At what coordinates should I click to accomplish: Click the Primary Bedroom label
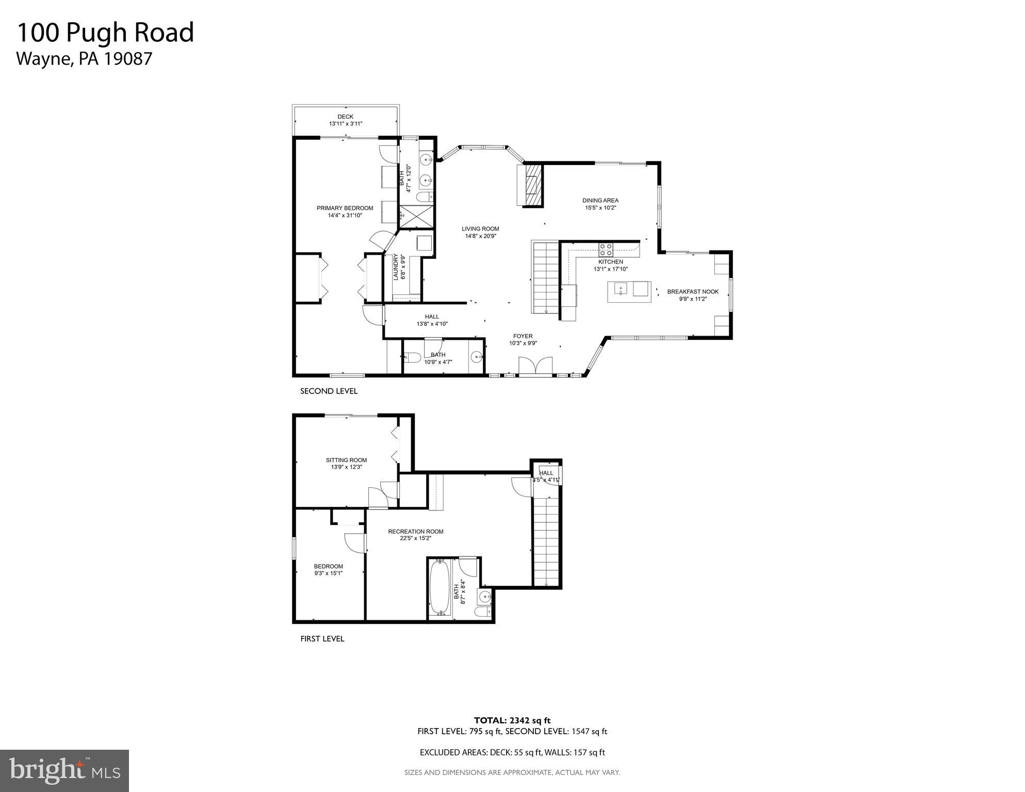[x=345, y=208]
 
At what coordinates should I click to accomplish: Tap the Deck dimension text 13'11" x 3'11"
[x=345, y=124]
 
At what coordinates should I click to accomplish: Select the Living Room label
[x=480, y=229]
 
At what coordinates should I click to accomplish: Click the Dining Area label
[x=600, y=201]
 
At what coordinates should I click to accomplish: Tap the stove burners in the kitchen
[x=606, y=250]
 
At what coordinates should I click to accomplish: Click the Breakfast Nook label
[x=693, y=292]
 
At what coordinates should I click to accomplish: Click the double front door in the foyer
[x=535, y=367]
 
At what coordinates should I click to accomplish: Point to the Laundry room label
[x=396, y=267]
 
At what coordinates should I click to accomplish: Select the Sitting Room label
[x=346, y=460]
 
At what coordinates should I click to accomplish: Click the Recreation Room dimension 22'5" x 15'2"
[x=415, y=538]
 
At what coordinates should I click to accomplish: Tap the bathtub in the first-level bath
[x=441, y=588]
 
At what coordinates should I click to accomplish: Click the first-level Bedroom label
[x=329, y=566]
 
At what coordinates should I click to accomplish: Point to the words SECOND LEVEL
[x=329, y=391]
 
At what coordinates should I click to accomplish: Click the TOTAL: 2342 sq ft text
[x=512, y=720]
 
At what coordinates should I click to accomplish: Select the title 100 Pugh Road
[x=106, y=32]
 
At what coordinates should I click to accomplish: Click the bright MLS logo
[x=64, y=771]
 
